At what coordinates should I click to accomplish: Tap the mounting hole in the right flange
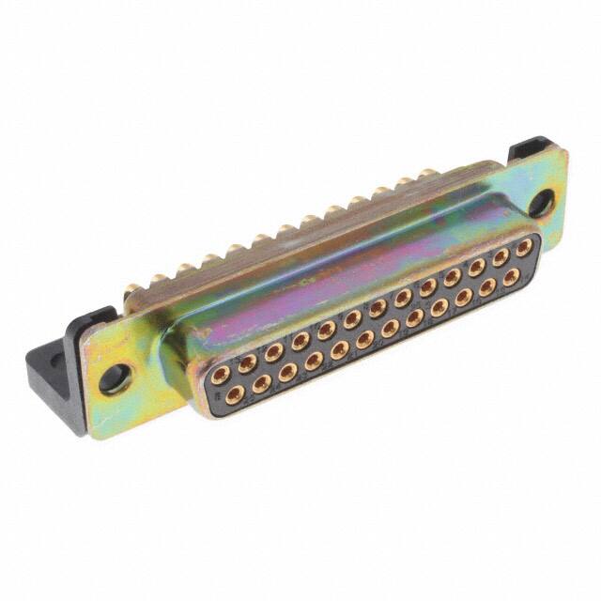[x=542, y=201]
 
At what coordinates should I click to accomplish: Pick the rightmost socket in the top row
[x=525, y=247]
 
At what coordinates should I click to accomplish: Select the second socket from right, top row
[x=501, y=256]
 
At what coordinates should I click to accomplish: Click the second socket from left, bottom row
[x=260, y=380]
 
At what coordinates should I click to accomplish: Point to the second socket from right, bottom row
[x=488, y=289]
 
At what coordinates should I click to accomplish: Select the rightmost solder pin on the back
[x=427, y=175]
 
